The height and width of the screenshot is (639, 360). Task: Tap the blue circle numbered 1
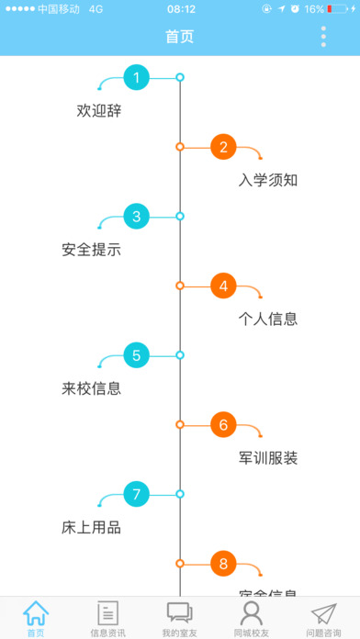(x=137, y=78)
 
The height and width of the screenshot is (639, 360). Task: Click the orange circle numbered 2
(x=223, y=147)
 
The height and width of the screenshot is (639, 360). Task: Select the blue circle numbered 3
(x=137, y=217)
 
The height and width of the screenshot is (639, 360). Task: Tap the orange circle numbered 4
(x=223, y=286)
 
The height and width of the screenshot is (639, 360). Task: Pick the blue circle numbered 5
(x=137, y=355)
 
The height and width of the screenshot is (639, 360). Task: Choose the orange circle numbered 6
(x=223, y=425)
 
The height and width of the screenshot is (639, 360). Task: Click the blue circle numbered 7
(x=137, y=495)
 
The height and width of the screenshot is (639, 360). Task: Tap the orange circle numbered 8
(x=223, y=564)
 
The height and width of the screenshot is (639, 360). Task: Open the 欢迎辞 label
(x=99, y=111)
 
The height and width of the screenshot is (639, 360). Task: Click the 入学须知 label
(x=268, y=180)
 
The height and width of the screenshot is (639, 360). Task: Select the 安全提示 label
(x=92, y=250)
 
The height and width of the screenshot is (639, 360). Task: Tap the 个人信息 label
(x=268, y=319)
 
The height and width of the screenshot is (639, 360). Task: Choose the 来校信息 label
(x=92, y=388)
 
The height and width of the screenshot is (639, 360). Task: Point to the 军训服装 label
(x=268, y=458)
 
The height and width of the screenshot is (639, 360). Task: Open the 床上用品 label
(x=92, y=528)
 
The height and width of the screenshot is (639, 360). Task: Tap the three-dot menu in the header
(x=323, y=37)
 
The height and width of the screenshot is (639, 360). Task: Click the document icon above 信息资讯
(x=108, y=612)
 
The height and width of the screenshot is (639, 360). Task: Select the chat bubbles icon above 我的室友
(x=180, y=612)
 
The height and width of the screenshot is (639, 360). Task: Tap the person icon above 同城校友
(x=252, y=612)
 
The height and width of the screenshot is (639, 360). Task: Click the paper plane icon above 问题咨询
(x=323, y=612)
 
